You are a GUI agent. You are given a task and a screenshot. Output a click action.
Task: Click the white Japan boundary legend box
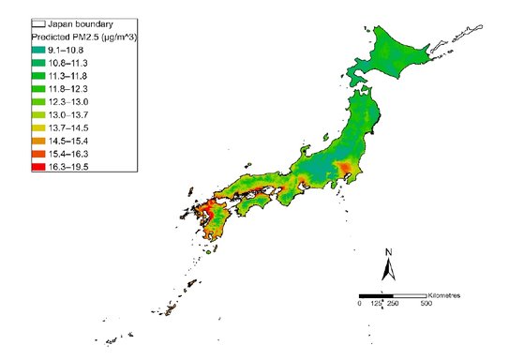pos(38,21)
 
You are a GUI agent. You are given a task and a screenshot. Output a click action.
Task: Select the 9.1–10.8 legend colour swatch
pos(39,48)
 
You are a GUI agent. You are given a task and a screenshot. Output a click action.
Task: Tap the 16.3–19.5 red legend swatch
pos(39,167)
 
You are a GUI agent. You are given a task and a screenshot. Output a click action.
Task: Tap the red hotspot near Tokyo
pos(348,170)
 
